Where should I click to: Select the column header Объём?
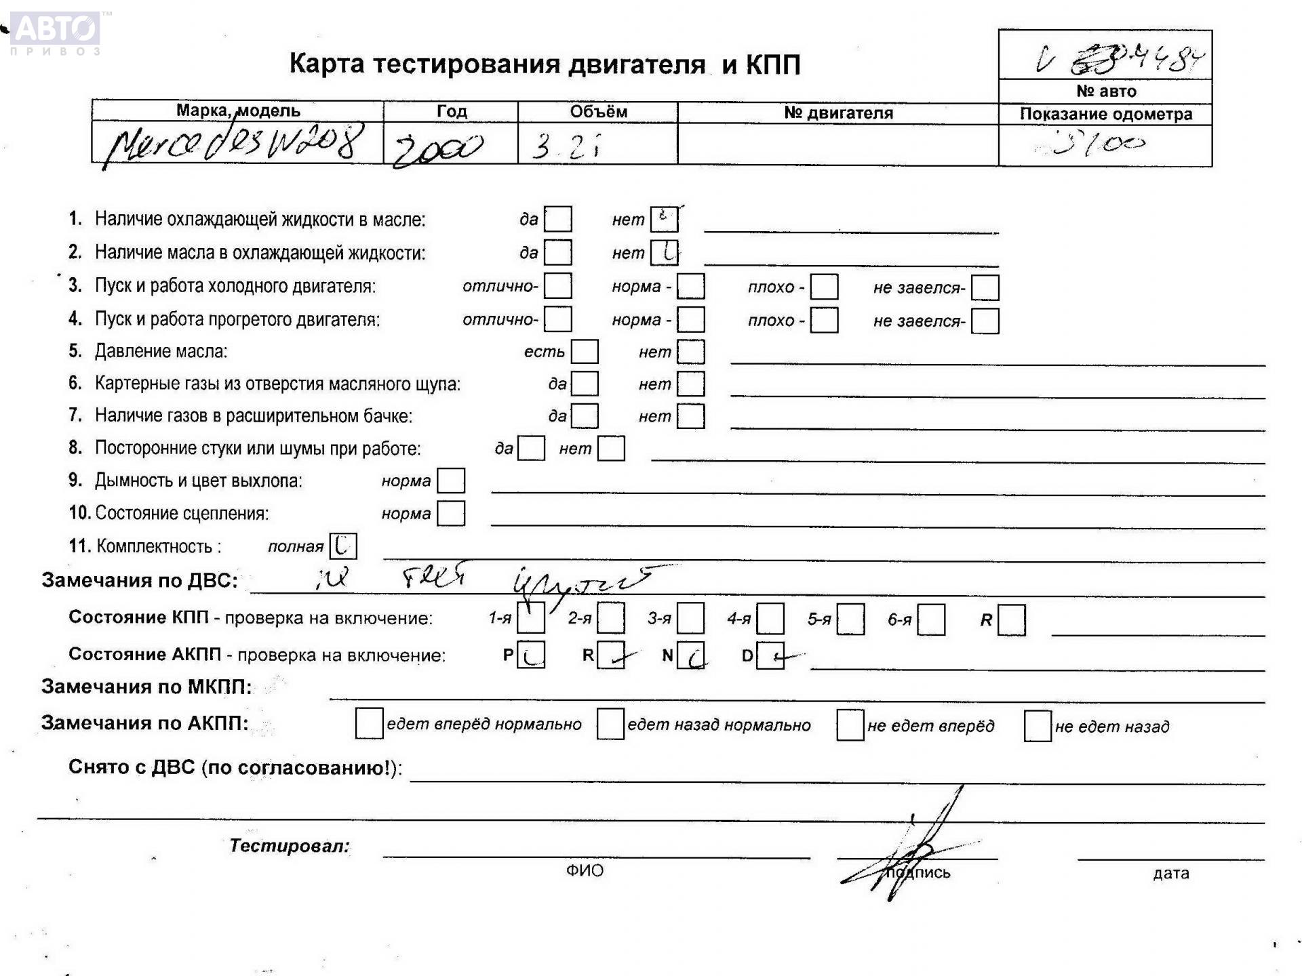[598, 112]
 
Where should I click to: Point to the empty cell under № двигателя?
[837, 144]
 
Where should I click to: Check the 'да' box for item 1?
[558, 219]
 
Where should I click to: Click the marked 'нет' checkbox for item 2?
[664, 253]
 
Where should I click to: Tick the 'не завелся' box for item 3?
[985, 287]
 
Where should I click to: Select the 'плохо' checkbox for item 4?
[824, 320]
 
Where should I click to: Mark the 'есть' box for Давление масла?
[585, 352]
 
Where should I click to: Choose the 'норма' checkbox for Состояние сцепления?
[451, 513]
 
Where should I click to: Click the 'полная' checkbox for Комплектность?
[342, 546]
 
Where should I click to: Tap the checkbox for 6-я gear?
[931, 619]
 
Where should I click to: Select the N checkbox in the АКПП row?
[691, 655]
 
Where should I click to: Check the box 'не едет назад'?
[1038, 726]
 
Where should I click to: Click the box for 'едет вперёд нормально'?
[369, 723]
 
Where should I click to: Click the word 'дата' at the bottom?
[1170, 874]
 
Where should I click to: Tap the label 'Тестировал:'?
[290, 846]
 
